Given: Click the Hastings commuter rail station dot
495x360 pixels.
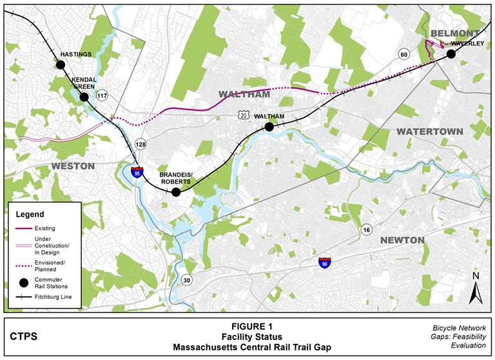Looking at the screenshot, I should point(61,64).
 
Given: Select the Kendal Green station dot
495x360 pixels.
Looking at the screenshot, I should point(84,97).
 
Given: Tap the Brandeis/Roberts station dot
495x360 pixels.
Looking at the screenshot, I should point(176,192).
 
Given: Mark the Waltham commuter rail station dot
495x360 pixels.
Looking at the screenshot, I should point(269,127).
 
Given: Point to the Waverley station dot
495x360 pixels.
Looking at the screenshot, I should point(451,54).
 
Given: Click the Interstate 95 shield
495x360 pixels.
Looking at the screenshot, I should point(137,172).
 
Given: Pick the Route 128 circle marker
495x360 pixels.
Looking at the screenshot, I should point(141,144).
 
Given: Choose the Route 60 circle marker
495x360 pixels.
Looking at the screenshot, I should point(404,54).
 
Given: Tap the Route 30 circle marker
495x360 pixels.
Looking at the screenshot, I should point(186,280).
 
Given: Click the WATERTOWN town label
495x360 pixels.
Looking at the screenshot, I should point(429,131).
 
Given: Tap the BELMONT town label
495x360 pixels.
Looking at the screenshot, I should point(454,33).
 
